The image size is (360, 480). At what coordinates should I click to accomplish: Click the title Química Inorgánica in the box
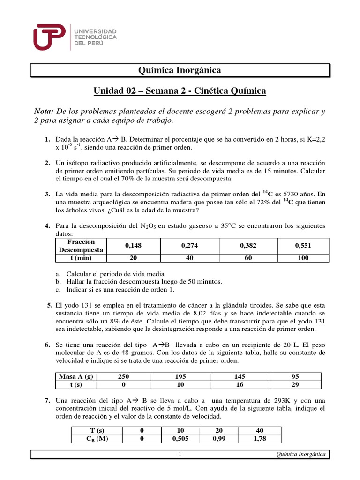[x=180, y=70]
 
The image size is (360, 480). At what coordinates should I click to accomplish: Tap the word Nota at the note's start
[x=44, y=111]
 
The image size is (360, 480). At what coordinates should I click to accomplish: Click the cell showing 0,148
[x=133, y=245]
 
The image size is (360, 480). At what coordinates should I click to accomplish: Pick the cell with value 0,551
[x=303, y=245]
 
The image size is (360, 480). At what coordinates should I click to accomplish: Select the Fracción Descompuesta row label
[x=81, y=246]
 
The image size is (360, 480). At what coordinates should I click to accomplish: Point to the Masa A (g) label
[x=75, y=377]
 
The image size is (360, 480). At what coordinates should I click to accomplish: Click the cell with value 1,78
[x=260, y=439]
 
